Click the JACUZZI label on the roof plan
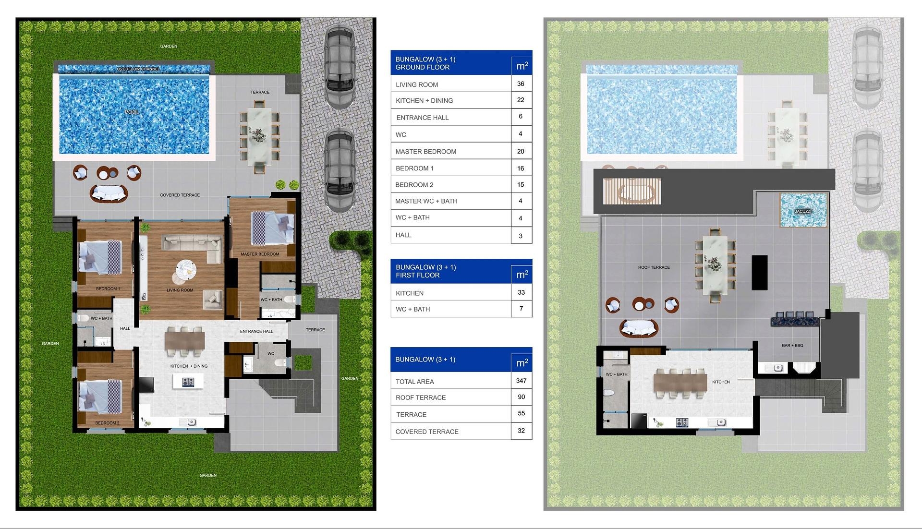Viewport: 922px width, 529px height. tap(803, 211)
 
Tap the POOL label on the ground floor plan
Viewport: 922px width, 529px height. tap(132, 112)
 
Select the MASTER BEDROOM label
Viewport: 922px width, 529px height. tap(260, 254)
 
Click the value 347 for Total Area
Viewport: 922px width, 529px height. tap(522, 381)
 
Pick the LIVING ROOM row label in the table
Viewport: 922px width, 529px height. tap(417, 85)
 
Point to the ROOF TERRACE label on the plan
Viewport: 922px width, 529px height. tap(654, 267)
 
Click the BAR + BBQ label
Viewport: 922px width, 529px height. tap(792, 345)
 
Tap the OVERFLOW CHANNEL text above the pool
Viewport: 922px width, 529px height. tap(138, 69)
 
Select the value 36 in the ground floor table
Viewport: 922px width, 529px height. tap(521, 84)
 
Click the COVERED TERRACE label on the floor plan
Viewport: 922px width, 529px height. tap(180, 195)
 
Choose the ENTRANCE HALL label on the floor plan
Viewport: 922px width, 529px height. tap(256, 331)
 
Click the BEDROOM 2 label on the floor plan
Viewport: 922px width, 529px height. tap(107, 423)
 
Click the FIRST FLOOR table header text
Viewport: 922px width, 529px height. tap(418, 275)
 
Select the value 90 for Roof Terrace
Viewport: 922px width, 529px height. tap(522, 397)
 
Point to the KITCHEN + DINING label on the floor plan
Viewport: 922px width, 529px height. tap(189, 366)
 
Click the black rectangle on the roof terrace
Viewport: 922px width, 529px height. tap(760, 272)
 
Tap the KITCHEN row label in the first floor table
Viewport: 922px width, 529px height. tap(410, 293)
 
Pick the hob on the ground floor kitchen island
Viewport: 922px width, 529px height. tap(188, 382)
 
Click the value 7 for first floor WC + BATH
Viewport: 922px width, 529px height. tap(522, 309)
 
